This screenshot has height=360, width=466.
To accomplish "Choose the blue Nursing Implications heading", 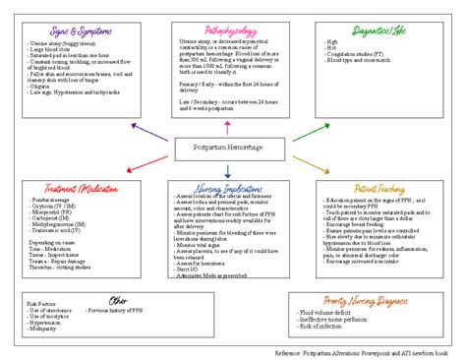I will (x=229, y=188).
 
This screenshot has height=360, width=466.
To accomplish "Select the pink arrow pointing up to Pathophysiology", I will (x=229, y=126).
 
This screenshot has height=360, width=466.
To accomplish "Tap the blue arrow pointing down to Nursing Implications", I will (x=229, y=171).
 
